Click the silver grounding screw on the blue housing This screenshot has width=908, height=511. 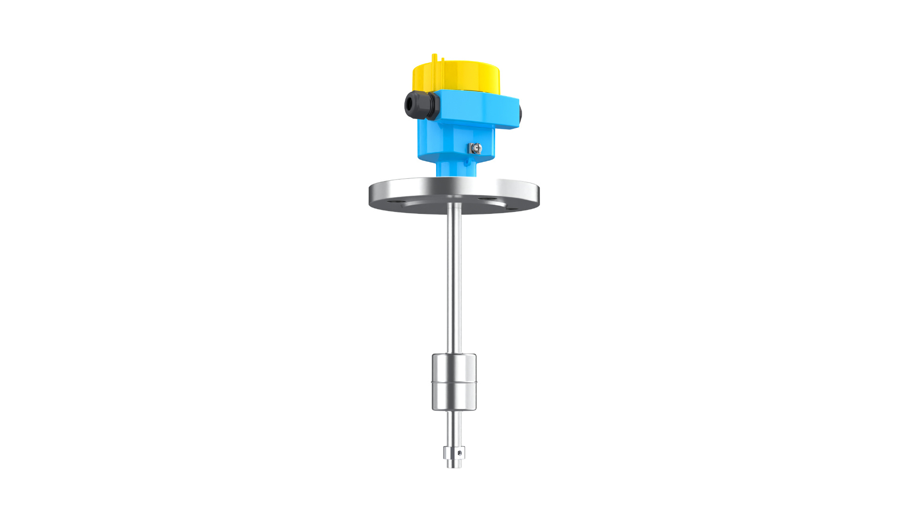(476, 149)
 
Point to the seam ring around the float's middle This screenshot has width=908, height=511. (454, 382)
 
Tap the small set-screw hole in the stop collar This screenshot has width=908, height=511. (459, 453)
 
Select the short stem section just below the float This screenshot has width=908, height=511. (454, 426)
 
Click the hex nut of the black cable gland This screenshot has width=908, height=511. (431, 106)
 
